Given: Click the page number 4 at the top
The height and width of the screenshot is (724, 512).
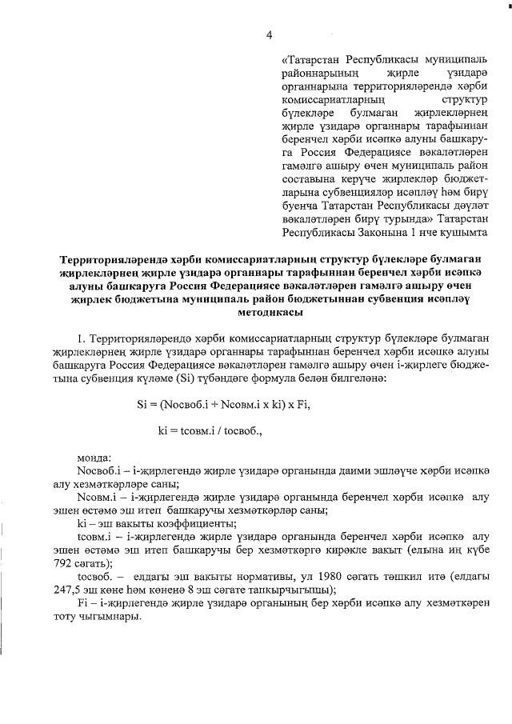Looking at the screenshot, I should tap(270, 34).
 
